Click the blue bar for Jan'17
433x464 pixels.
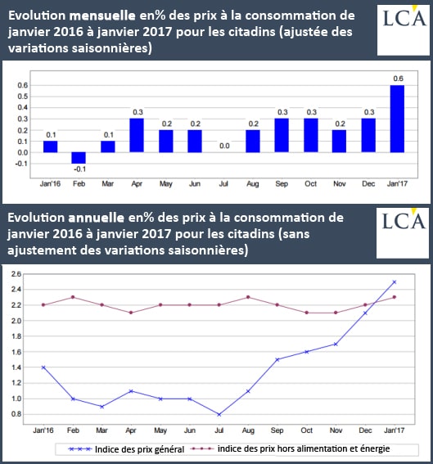(x=397, y=119)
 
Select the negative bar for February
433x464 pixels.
(x=79, y=158)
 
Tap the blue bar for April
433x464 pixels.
(x=137, y=135)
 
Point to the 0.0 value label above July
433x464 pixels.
(x=224, y=146)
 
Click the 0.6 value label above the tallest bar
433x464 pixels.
(x=398, y=79)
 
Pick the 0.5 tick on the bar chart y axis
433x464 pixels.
(x=22, y=97)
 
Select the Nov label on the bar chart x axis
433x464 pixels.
(x=340, y=184)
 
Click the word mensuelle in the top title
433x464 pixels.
(x=102, y=16)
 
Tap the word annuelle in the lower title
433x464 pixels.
(x=97, y=218)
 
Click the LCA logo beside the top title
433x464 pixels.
(x=403, y=30)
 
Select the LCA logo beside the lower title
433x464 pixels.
(x=403, y=233)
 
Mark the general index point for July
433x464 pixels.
(x=219, y=415)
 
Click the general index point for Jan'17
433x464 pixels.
(x=395, y=282)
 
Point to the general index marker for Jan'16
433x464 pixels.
(x=43, y=367)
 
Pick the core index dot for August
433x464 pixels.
(x=248, y=297)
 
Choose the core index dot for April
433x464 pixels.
(x=131, y=313)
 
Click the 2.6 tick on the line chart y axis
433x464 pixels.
(x=16, y=274)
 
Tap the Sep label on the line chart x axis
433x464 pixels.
(x=277, y=430)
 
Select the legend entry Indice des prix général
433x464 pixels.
(x=126, y=449)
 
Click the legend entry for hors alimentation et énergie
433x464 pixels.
(x=290, y=449)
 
